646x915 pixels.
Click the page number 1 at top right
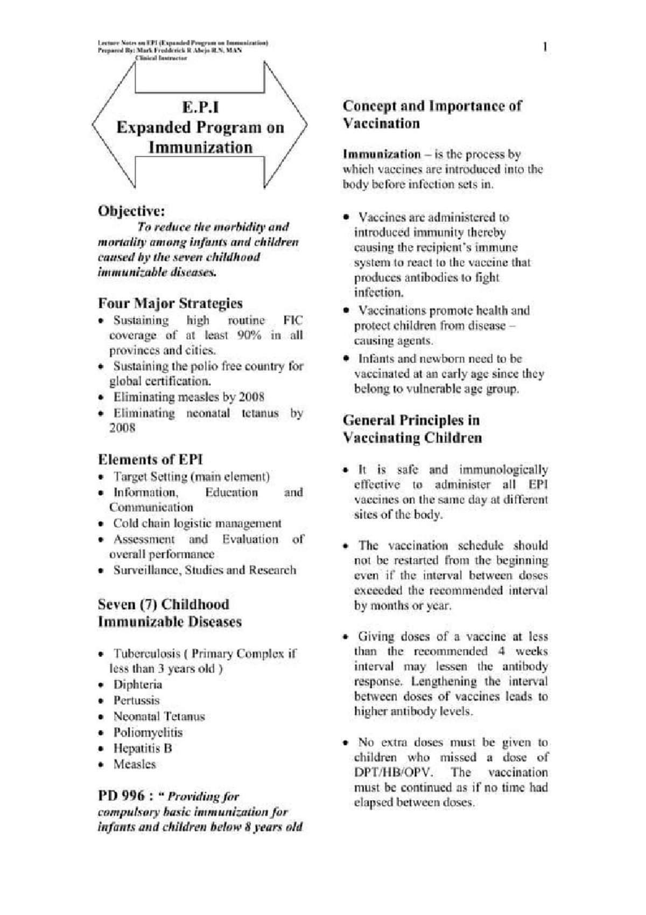click(546, 47)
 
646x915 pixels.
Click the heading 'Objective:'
click(131, 211)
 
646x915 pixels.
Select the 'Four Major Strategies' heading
click(170, 303)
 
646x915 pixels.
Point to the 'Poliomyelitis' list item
click(148, 732)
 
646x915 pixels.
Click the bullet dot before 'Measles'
click(101, 765)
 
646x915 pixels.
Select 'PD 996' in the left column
click(121, 795)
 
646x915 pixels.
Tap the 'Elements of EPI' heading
click(150, 459)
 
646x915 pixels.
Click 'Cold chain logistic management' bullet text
click(197, 523)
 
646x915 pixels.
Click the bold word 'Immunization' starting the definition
click(381, 154)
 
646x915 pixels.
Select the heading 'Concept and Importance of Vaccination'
click(432, 114)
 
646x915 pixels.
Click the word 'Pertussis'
click(136, 701)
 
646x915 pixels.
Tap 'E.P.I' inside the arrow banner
click(200, 107)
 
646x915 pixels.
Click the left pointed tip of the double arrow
click(93, 126)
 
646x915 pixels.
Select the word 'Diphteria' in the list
click(137, 684)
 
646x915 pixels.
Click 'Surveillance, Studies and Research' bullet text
click(205, 570)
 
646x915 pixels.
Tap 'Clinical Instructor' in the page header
click(161, 58)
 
